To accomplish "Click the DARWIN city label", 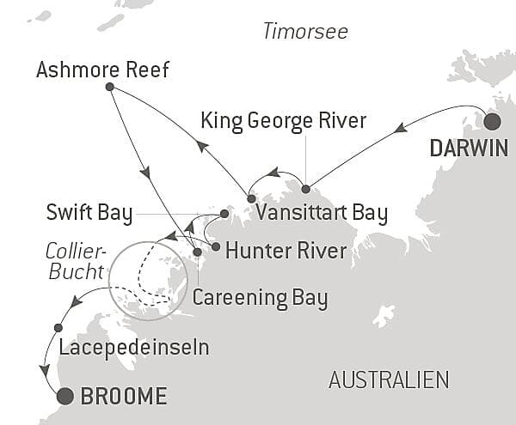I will coord(469,149).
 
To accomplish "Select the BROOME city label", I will coord(123,397).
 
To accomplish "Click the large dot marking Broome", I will coord(64,396).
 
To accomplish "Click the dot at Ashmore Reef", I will coord(109,87).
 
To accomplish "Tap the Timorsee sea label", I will coord(305,32).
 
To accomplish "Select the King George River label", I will coord(283,119).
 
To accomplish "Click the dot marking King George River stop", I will coord(305,188).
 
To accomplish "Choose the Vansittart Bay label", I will coord(325,212).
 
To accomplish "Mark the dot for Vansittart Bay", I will coord(250,198).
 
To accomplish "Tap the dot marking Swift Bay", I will coord(224,213).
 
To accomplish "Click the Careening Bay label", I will coord(260,298).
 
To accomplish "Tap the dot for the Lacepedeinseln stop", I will coord(58,327).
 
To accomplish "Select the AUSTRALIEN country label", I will coord(389,379).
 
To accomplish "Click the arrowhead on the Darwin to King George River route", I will coord(399,129).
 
